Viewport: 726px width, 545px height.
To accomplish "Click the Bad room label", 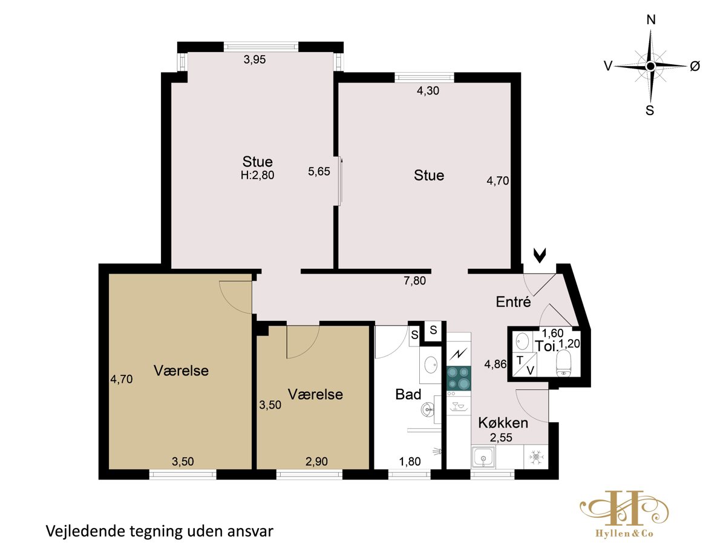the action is (408, 394).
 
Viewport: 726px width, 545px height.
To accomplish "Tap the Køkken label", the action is (503, 423).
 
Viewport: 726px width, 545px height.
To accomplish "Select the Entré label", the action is (513, 302).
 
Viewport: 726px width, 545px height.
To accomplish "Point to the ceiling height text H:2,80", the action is (257, 175).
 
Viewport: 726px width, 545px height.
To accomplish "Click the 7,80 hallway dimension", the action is (415, 280).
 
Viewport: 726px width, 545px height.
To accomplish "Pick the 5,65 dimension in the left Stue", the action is (319, 171).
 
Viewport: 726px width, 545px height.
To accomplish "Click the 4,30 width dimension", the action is (428, 91).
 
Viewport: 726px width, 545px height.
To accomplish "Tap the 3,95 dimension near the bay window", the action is (255, 59).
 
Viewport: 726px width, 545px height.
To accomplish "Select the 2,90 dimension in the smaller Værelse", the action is (316, 461).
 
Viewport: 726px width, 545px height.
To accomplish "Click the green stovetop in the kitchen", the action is (459, 378).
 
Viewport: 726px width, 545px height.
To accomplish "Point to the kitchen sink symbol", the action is (483, 457).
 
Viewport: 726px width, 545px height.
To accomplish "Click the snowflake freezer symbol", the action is (536, 457).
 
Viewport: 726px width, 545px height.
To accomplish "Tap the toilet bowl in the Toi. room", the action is (564, 363).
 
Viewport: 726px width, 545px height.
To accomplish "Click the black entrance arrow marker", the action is (540, 256).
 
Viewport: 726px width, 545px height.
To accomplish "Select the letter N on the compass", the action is (651, 21).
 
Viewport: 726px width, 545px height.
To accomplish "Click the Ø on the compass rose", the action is (695, 67).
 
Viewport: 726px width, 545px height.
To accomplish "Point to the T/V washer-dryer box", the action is (525, 365).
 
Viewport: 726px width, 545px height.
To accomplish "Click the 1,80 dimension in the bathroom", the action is (410, 461).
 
